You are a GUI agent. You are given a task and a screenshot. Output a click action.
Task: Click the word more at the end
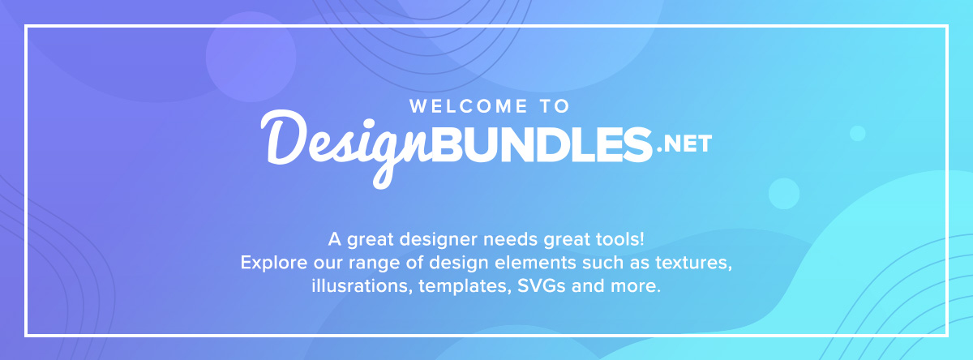[x=637, y=287]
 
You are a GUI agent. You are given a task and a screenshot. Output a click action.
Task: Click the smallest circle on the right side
[x=857, y=133]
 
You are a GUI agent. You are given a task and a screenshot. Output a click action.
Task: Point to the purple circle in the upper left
[x=245, y=56]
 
